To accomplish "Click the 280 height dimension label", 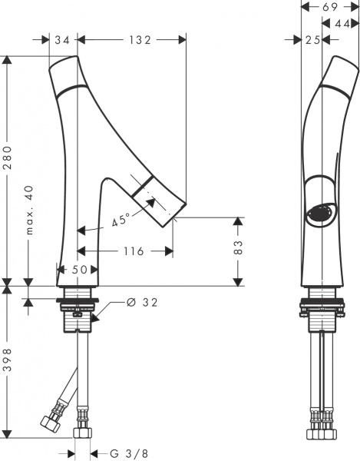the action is point(8,158).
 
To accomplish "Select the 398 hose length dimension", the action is point(8,360).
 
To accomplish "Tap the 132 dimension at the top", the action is point(140,40).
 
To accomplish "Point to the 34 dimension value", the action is point(62,40).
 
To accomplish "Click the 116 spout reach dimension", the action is point(134,251).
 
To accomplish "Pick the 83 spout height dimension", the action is point(239,247).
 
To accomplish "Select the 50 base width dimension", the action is point(79,270).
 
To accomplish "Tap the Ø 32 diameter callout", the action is point(143,302).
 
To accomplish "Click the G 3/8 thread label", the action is point(129,453).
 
